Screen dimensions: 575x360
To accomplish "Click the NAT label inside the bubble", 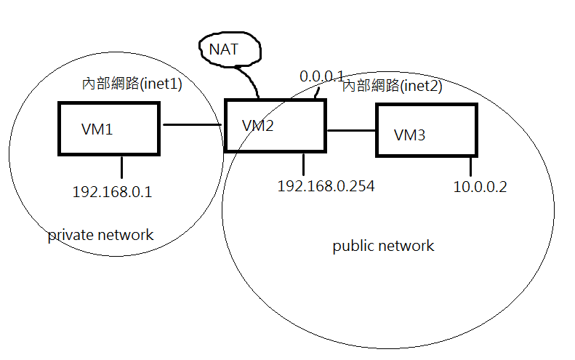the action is (x=223, y=49).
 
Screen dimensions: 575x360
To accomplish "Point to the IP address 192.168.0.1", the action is (x=112, y=192).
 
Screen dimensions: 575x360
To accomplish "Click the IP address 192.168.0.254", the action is (x=326, y=186).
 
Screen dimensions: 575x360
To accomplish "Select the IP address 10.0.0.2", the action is (x=480, y=187).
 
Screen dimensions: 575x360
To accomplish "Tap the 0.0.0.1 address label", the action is (x=321, y=76).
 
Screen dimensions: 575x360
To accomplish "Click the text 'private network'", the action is (x=100, y=235).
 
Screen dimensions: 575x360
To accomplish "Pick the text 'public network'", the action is (x=383, y=246).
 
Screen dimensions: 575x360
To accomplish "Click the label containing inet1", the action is (x=132, y=84).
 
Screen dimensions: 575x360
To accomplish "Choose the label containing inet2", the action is (x=392, y=86).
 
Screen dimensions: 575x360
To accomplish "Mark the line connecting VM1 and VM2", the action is (x=192, y=125).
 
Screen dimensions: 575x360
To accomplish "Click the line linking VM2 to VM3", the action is (x=351, y=130).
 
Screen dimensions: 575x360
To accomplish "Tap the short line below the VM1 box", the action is (x=121, y=167).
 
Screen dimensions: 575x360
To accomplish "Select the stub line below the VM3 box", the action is (x=470, y=167).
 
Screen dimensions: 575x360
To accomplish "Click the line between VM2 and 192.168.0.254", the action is (x=303, y=164).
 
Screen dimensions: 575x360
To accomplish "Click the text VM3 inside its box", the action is (x=409, y=135).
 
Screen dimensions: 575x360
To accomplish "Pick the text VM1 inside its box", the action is (x=97, y=129).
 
